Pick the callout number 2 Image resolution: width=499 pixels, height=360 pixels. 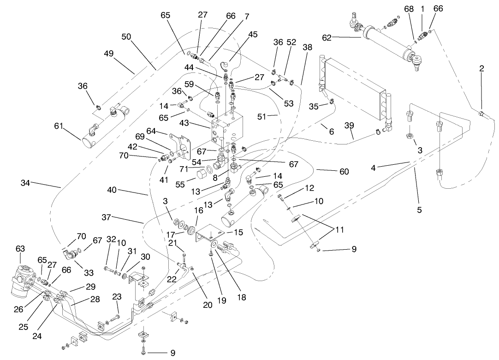(x=481, y=68)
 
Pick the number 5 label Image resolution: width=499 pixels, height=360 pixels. (x=419, y=210)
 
